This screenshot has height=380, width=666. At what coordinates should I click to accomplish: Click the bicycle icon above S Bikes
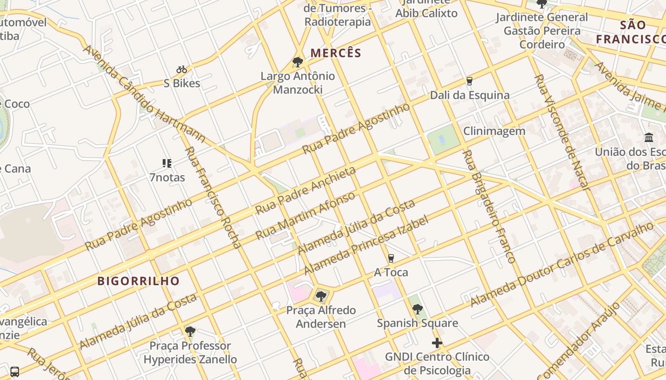pyautogui.click(x=182, y=69)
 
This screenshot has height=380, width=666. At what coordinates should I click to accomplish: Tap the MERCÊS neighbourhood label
pyautogui.click(x=336, y=53)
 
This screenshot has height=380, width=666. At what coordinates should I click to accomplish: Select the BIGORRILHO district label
pyautogui.click(x=138, y=281)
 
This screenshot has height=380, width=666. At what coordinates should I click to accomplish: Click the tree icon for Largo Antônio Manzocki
pyautogui.click(x=298, y=62)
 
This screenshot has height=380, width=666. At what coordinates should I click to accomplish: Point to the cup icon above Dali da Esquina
pyautogui.click(x=470, y=81)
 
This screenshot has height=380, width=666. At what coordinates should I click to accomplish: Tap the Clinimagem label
pyautogui.click(x=494, y=131)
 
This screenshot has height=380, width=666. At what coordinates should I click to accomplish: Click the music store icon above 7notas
pyautogui.click(x=167, y=163)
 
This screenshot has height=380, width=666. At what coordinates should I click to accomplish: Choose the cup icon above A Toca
pyautogui.click(x=391, y=258)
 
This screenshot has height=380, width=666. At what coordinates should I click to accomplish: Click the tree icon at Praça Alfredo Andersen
pyautogui.click(x=321, y=296)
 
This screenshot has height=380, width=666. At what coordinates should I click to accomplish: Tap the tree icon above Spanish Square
pyautogui.click(x=418, y=309)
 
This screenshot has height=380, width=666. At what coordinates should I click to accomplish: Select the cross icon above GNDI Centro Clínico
pyautogui.click(x=437, y=343)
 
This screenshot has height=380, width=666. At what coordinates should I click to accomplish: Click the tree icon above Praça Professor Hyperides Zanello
pyautogui.click(x=190, y=332)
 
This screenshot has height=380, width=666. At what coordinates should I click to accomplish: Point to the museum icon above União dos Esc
pyautogui.click(x=649, y=138)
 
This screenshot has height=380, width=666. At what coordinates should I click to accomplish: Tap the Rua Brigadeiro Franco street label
pyautogui.click(x=489, y=207)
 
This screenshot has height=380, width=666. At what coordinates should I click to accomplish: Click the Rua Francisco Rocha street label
pyautogui.click(x=213, y=198)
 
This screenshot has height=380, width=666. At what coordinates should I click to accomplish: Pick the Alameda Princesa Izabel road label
pyautogui.click(x=366, y=245)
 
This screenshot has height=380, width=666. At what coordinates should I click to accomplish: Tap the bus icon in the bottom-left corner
pyautogui.click(x=15, y=371)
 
